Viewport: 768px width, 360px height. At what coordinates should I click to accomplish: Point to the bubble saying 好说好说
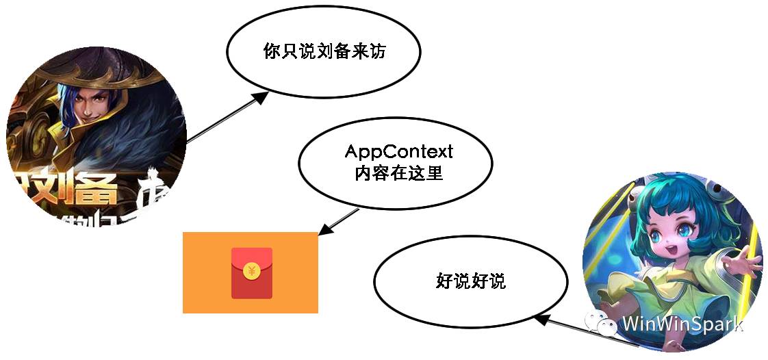(x=470, y=281)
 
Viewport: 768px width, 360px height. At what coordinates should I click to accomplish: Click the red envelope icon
(x=251, y=273)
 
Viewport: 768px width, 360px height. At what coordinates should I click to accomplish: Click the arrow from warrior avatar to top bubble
(x=226, y=118)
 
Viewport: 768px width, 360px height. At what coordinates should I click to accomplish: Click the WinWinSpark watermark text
(x=682, y=323)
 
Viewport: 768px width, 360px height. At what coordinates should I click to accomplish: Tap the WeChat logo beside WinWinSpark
(x=603, y=322)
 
